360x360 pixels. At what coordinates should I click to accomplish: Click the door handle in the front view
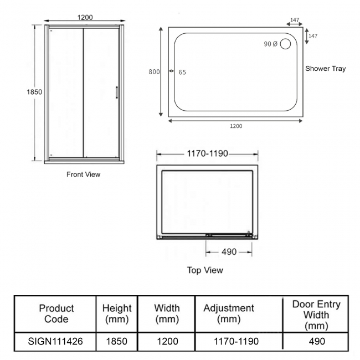(116, 92)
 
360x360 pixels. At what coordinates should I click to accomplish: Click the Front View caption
(83, 174)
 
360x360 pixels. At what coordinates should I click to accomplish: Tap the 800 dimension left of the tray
(156, 71)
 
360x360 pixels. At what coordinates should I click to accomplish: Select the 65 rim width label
(183, 72)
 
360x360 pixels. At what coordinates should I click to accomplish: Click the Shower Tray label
(326, 69)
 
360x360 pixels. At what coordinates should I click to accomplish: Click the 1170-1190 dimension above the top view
(208, 153)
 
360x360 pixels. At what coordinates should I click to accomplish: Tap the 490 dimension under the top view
(229, 251)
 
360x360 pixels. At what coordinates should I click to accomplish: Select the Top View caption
(205, 270)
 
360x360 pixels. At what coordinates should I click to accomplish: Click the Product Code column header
(55, 313)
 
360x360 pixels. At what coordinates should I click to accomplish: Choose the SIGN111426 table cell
(55, 341)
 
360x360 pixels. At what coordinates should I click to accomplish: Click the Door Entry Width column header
(316, 313)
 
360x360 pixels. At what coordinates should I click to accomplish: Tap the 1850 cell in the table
(117, 341)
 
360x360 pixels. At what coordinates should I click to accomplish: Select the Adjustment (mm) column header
(229, 313)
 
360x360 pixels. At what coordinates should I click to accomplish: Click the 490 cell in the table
(316, 341)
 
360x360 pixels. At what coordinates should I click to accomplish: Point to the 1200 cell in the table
(166, 341)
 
